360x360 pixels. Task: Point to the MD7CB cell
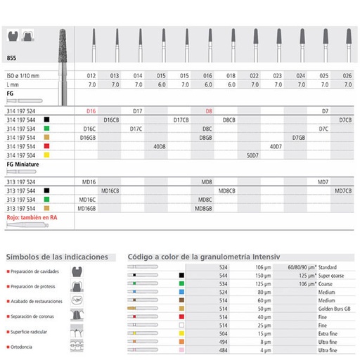[345, 191]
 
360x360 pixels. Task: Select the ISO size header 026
[346, 75]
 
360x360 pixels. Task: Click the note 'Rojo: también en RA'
[31, 217]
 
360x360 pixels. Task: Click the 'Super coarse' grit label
[335, 276]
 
